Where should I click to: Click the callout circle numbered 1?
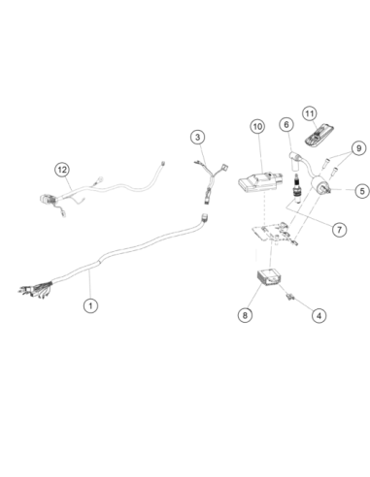click(x=90, y=305)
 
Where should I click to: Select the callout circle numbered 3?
click(x=197, y=137)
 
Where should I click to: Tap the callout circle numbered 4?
click(x=319, y=315)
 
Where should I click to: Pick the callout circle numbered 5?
click(x=362, y=191)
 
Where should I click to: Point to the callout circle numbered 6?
click(x=286, y=124)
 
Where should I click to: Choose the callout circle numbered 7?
click(x=339, y=230)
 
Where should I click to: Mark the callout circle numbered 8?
click(x=245, y=315)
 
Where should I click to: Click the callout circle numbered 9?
click(x=358, y=148)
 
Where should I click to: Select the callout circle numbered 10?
click(x=257, y=126)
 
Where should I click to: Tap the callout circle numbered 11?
click(x=310, y=113)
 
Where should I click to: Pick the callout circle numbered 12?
click(x=62, y=170)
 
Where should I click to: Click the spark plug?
click(x=297, y=188)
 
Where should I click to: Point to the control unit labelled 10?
click(x=260, y=181)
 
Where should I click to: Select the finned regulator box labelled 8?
click(x=269, y=276)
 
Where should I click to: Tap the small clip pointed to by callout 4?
click(x=289, y=297)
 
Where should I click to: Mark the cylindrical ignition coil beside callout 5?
click(x=320, y=185)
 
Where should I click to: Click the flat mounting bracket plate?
click(x=274, y=232)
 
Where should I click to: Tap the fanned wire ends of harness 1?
click(x=35, y=289)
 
